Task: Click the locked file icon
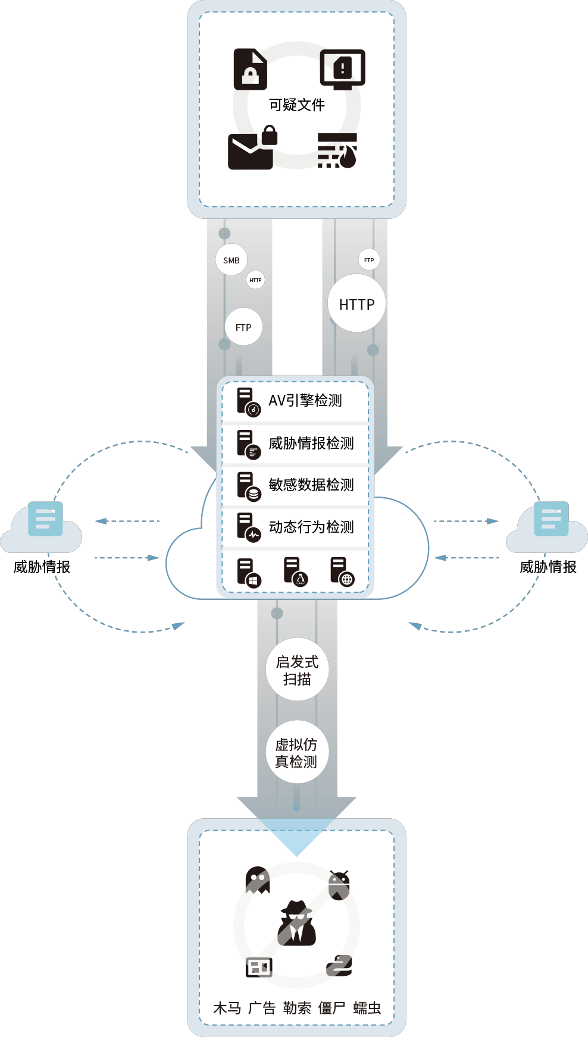point(250,69)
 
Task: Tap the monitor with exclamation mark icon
point(342,69)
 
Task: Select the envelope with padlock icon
point(252,149)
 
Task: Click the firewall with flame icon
point(337,150)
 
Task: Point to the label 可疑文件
point(297,105)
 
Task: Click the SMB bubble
point(232,260)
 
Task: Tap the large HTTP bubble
point(356,304)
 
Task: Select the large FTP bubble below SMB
point(243,327)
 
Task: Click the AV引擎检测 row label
point(305,401)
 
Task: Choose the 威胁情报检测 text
point(311,443)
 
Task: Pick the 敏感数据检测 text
point(311,485)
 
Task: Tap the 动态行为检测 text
point(311,527)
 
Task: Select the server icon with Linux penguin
point(295,572)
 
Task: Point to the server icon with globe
point(342,572)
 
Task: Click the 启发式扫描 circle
point(297,670)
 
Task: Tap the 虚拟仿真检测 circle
point(296,753)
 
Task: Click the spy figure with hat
point(296,923)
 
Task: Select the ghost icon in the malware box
point(257,880)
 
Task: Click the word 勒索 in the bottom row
point(297,1008)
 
